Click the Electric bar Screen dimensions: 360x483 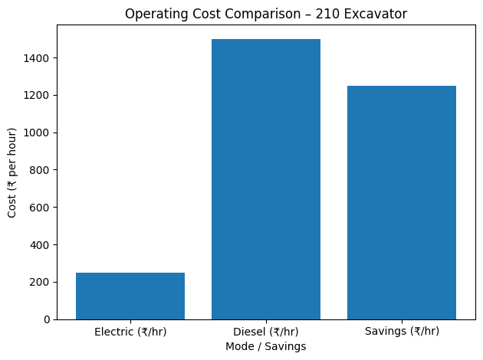click(x=130, y=296)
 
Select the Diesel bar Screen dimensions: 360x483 click(x=266, y=179)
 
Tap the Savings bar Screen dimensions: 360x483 click(x=402, y=202)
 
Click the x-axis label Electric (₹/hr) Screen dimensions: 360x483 click(x=130, y=332)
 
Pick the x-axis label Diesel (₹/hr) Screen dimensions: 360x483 click(x=266, y=332)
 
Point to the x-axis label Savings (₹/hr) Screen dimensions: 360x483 click(x=402, y=332)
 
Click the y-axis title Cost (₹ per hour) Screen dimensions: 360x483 click(x=11, y=172)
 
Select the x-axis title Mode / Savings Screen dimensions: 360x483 click(x=266, y=346)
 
